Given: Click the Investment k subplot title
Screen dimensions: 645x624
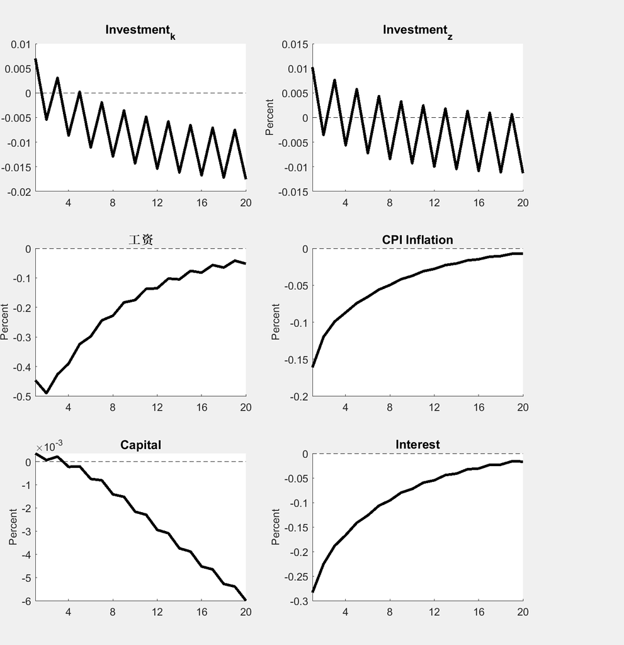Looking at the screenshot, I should pos(140,31).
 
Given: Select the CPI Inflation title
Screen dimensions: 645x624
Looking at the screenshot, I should pos(417,240).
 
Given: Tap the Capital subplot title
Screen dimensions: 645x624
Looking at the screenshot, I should pos(140,445).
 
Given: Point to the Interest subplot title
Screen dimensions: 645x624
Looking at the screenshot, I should pos(417,445).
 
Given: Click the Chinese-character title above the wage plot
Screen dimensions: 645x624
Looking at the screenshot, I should pos(140,240).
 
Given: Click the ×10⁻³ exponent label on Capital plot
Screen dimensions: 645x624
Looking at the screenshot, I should pos(49,447).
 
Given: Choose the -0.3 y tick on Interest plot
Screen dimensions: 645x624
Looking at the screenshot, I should pos(296,601).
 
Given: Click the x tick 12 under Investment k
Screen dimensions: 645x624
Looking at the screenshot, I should pos(157,203).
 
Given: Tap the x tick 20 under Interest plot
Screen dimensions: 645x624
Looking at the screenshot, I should pos(523,612).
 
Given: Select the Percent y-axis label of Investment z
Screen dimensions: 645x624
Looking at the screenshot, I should pos(270,117).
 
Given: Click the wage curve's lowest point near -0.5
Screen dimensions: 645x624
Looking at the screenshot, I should pos(47,393).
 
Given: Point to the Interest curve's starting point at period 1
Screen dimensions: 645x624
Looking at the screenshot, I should pos(313,592).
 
